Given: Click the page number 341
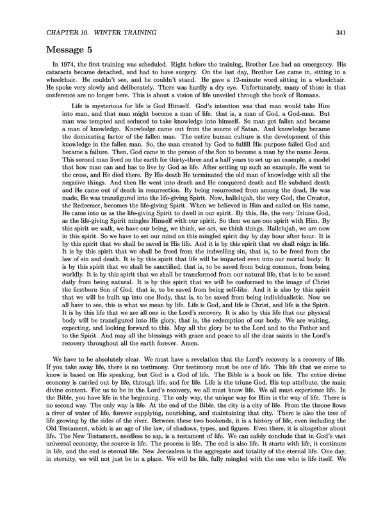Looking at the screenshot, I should tap(340, 33).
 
